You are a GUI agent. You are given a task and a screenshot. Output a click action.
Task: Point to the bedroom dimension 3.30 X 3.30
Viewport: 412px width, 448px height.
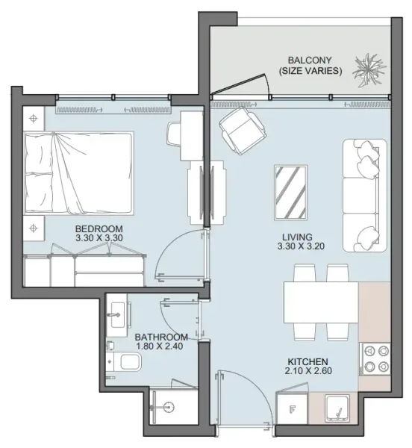pyautogui.click(x=99, y=238)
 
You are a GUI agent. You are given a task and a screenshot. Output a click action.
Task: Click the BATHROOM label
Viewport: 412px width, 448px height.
pyautogui.click(x=160, y=337)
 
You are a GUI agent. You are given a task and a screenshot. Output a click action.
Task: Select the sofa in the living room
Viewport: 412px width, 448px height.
pyautogui.click(x=366, y=195)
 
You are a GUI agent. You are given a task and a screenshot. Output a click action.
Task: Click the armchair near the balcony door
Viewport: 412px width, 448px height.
pyautogui.click(x=242, y=128)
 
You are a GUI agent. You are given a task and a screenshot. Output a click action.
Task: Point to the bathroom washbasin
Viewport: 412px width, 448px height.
pyautogui.click(x=116, y=314)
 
